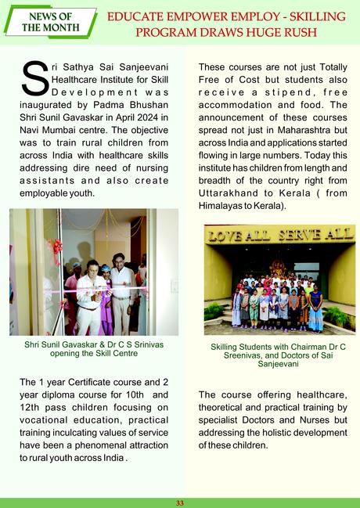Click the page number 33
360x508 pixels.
[x=180, y=503]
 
